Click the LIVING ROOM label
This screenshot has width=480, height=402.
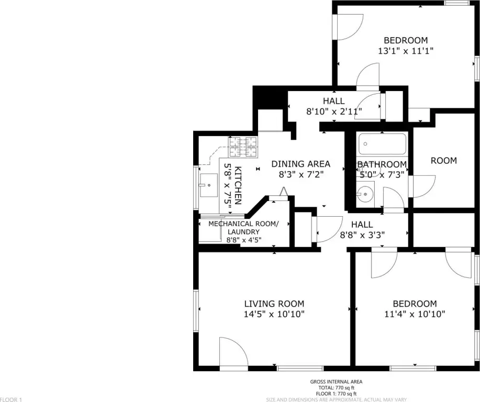[x=274, y=304]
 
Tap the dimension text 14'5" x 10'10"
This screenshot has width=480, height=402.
[x=274, y=314]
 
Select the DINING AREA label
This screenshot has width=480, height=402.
[x=301, y=164]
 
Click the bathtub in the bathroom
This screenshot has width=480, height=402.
[x=382, y=144]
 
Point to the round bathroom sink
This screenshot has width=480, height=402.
[x=364, y=194]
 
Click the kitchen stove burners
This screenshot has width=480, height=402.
[x=243, y=147]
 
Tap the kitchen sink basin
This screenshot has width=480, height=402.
[x=208, y=185]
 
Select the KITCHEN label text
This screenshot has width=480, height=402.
[x=238, y=185]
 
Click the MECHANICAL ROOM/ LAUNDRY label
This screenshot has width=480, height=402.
[x=244, y=228]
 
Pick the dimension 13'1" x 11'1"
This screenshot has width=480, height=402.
[x=406, y=51]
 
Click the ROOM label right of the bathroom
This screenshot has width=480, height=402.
[x=444, y=161]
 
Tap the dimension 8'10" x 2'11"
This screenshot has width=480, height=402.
[x=334, y=111]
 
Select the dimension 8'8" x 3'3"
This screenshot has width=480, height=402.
[x=362, y=235]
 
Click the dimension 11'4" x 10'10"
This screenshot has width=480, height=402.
[x=415, y=314]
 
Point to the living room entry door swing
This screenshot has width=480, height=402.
[x=233, y=351]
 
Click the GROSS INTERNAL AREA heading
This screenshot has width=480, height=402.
[x=336, y=382]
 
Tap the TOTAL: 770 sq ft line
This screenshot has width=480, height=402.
[x=336, y=388]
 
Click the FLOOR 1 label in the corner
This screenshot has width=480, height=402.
[x=11, y=399]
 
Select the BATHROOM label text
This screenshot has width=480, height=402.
[x=382, y=164]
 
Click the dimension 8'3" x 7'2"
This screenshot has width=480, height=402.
[x=301, y=174]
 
